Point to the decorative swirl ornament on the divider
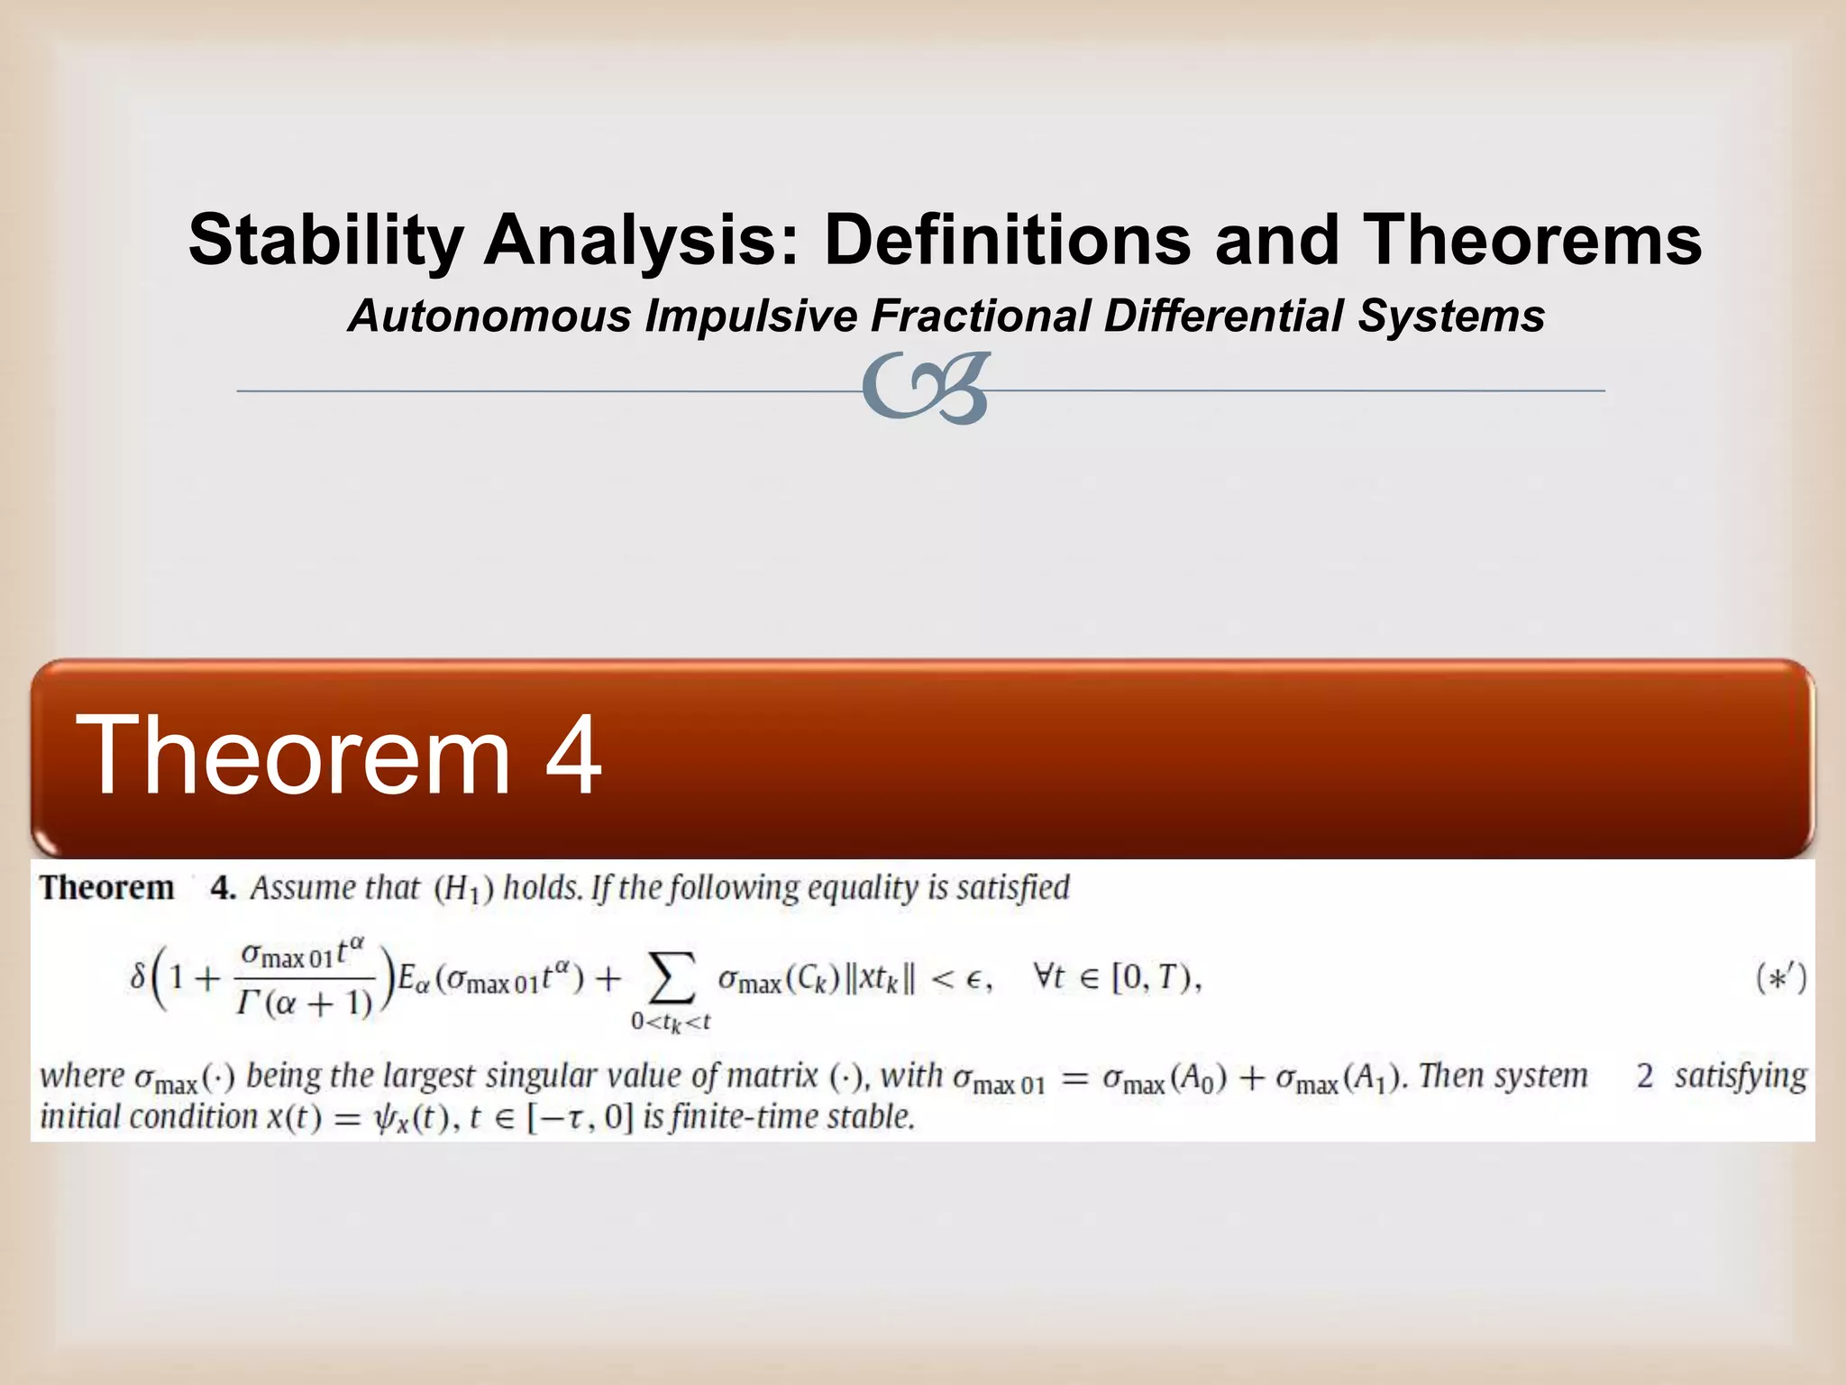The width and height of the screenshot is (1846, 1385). coord(927,389)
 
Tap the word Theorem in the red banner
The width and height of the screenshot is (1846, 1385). coord(294,755)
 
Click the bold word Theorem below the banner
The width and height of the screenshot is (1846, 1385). coord(107,888)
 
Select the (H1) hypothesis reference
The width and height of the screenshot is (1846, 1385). coord(463,890)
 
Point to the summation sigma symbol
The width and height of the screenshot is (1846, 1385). coord(672,979)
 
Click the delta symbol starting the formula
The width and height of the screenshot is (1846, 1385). coord(137,978)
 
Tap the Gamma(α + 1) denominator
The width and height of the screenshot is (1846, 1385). coord(305,1004)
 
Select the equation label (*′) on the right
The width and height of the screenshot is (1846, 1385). coord(1781,979)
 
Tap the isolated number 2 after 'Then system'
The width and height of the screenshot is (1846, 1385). coord(1645,1077)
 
